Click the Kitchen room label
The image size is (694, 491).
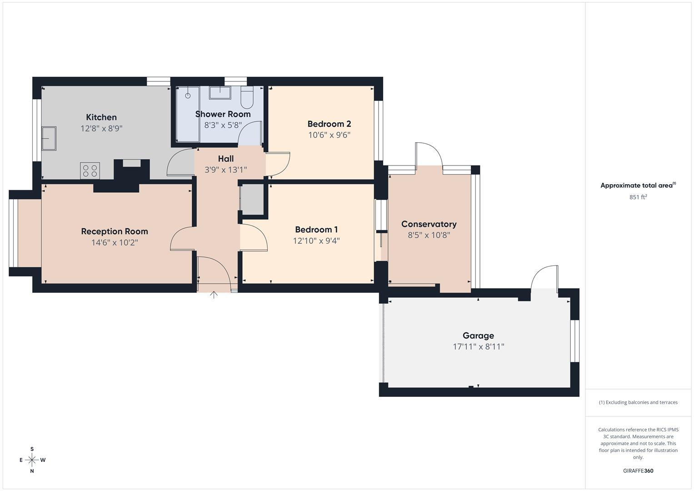click(101, 117)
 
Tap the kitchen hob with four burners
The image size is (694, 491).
click(90, 171)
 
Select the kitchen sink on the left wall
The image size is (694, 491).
click(49, 138)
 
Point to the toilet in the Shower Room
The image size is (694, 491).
click(247, 97)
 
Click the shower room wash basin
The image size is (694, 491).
click(220, 92)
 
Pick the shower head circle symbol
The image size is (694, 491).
click(188, 95)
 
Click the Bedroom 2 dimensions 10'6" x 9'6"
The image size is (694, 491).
click(329, 135)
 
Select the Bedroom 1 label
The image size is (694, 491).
click(316, 230)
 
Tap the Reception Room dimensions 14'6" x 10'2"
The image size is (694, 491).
click(115, 243)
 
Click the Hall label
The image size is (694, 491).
click(226, 159)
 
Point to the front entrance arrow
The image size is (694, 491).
click(214, 295)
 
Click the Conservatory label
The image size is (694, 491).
click(429, 224)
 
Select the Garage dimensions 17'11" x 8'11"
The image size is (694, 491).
click(478, 347)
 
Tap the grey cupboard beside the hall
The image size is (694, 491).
click(251, 198)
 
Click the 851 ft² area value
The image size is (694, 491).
click(638, 197)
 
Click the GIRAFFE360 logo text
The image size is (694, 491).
click(638, 471)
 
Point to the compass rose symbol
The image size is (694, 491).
click(32, 460)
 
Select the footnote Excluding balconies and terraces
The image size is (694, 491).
click(638, 402)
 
